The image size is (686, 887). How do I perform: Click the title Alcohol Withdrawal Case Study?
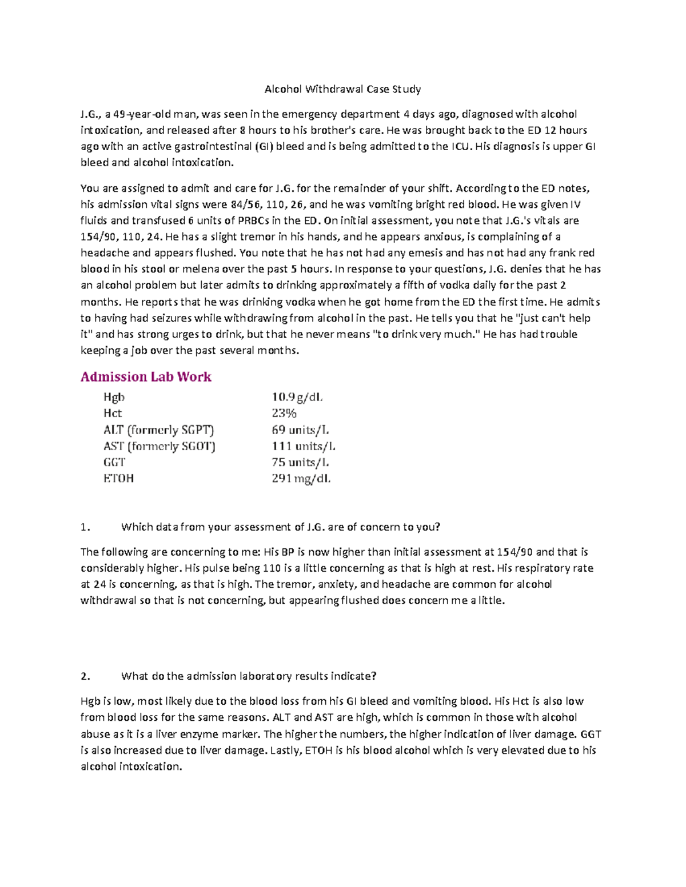(342, 89)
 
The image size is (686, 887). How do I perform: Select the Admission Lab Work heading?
(146, 377)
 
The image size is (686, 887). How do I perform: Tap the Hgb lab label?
(114, 397)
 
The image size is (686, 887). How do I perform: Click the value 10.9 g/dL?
(297, 397)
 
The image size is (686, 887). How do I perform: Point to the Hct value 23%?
(284, 413)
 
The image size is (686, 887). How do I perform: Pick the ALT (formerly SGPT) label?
(158, 430)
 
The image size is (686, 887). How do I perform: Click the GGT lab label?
(114, 462)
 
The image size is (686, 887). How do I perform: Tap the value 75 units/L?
(300, 462)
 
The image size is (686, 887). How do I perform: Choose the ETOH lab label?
(118, 479)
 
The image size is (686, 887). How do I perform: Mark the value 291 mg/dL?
(301, 479)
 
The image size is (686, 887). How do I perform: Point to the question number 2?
(86, 676)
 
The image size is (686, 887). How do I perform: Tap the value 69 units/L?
(300, 430)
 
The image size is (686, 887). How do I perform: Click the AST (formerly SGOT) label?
(159, 446)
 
